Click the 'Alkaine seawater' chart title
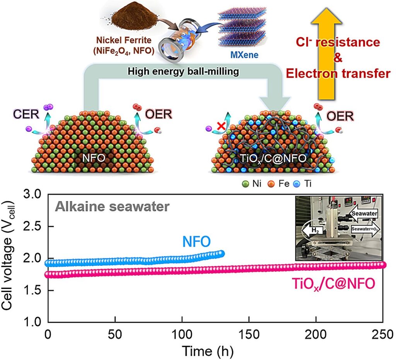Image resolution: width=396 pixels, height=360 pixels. pos(112,207)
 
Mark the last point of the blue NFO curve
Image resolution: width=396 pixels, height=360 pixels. pos(221,253)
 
